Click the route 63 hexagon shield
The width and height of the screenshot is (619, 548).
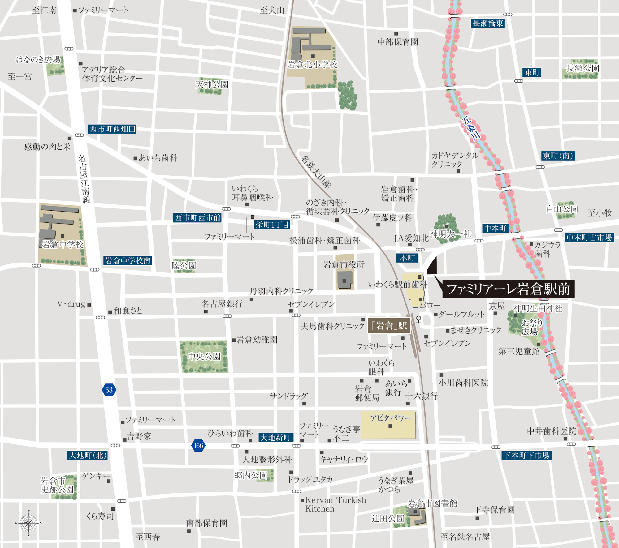pos(109,390)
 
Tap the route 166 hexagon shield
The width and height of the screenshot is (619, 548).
pos(198,446)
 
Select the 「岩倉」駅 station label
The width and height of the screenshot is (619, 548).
pos(389,326)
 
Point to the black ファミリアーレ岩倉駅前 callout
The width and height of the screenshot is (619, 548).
pos(508,289)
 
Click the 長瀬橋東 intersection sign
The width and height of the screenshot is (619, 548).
pos(488,23)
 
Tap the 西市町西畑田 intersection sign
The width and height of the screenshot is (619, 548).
pos(113,129)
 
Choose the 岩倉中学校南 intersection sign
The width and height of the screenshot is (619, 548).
pos(128,261)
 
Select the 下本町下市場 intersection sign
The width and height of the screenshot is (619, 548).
pos(526,456)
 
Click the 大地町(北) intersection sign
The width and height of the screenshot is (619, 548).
pos(88,455)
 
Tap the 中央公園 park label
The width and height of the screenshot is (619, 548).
pos(204,357)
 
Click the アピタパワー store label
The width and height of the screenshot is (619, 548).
pos(391,418)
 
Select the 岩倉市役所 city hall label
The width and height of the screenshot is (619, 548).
pos(344,265)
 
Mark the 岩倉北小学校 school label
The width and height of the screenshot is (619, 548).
pos(312,65)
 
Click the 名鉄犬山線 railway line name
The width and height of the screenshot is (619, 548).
pos(316,172)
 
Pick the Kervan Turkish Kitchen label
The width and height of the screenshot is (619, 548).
pos(335,504)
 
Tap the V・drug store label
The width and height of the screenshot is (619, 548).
pos(71,304)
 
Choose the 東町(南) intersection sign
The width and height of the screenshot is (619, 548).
pos(558,156)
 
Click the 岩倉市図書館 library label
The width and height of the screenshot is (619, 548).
pos(432,503)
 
